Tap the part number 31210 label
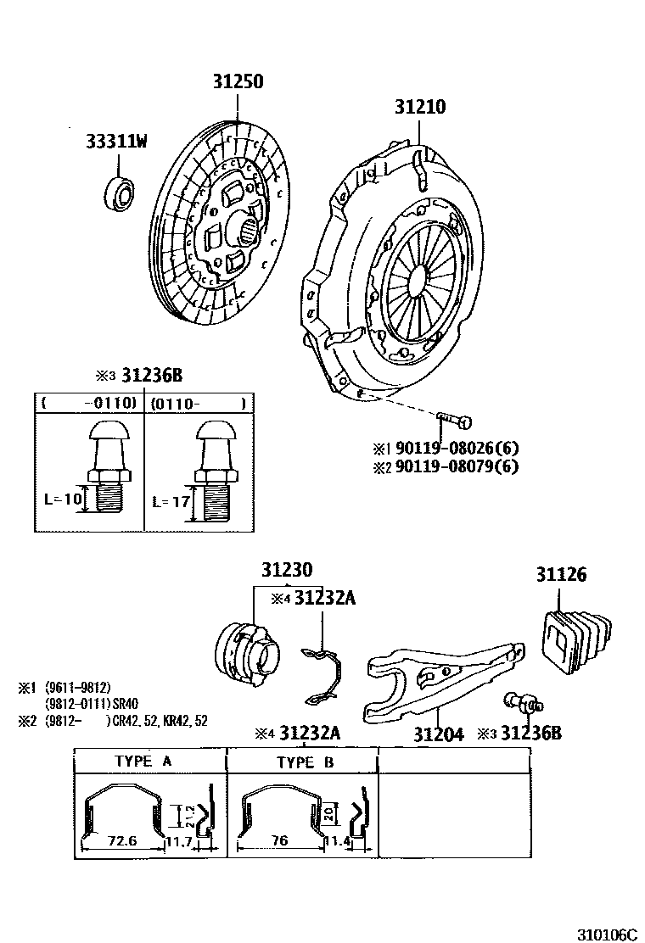point(419,108)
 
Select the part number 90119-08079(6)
point(456,466)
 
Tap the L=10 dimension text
point(64,499)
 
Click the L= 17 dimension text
point(169,501)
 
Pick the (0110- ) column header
point(199,403)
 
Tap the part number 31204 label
point(439,734)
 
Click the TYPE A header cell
point(143,762)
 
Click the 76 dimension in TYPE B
point(281,840)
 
